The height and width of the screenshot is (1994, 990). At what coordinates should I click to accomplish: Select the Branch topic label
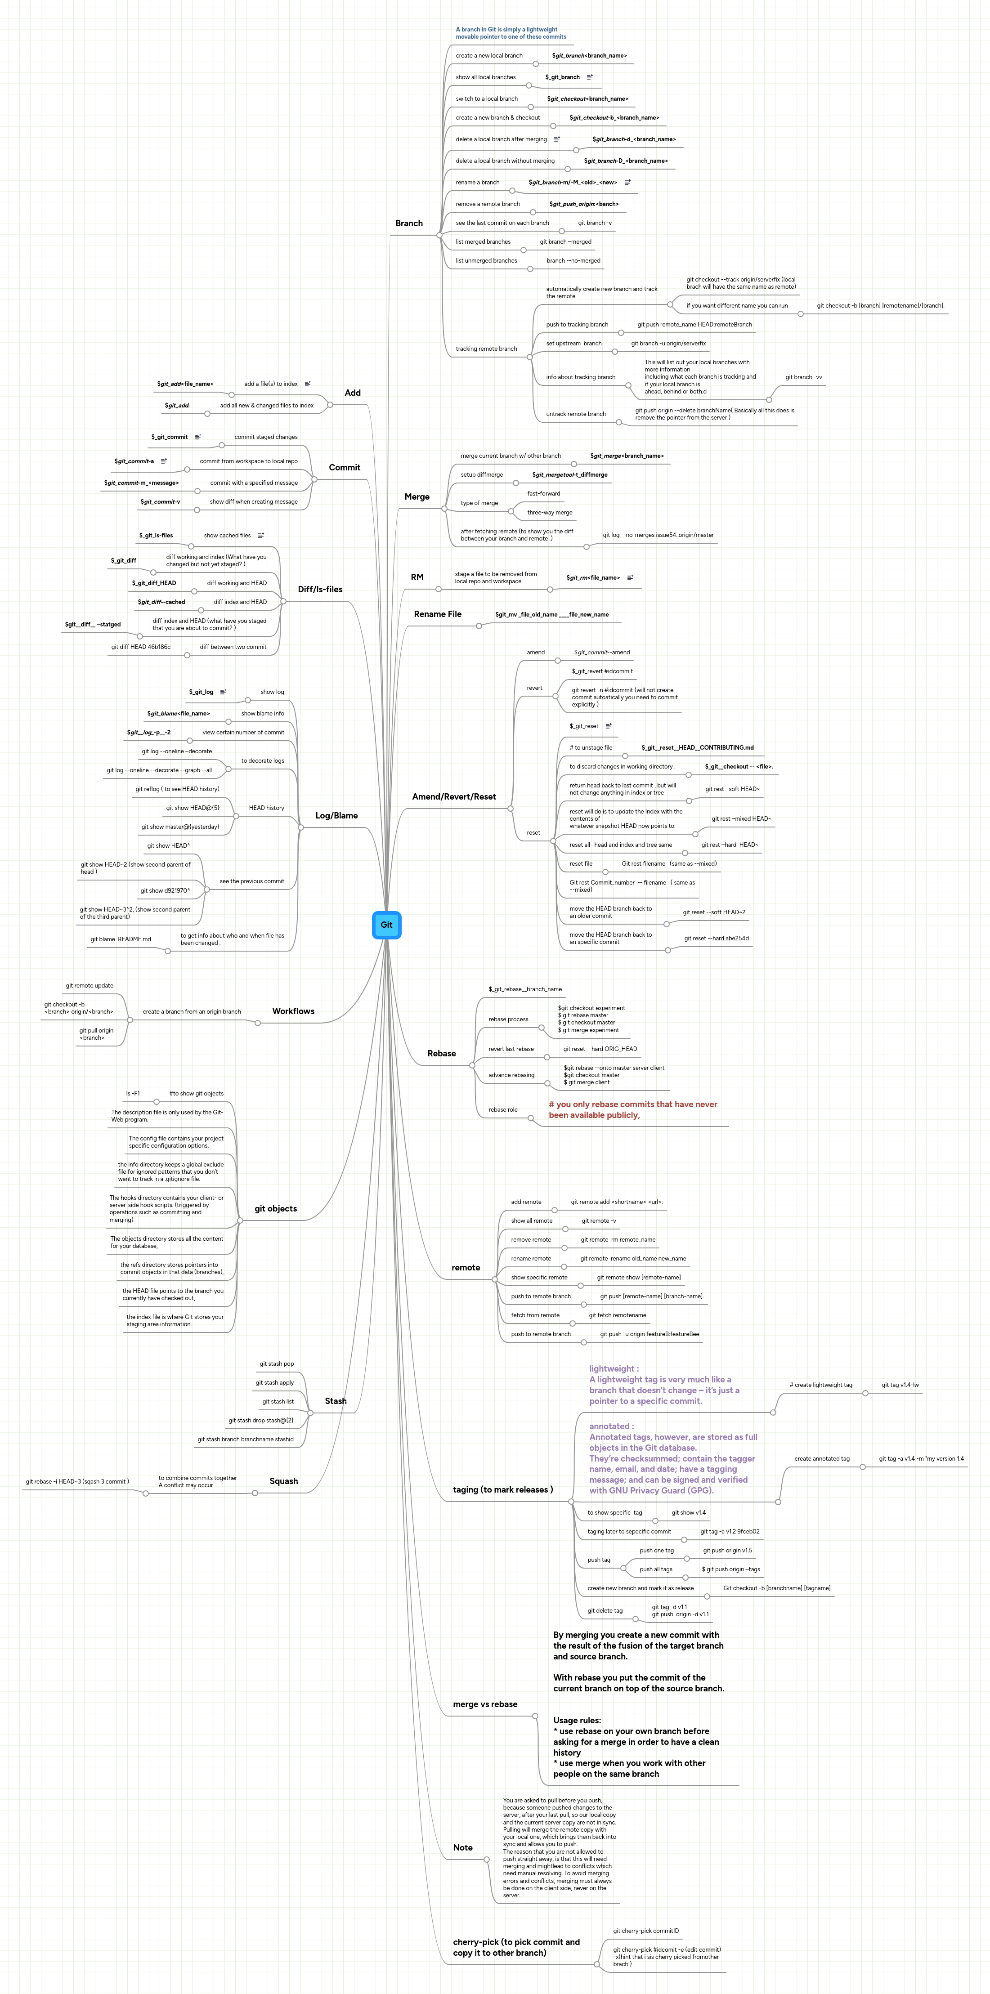pyautogui.click(x=409, y=224)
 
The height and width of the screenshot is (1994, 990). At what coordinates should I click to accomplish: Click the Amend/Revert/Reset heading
pyautogui.click(x=453, y=796)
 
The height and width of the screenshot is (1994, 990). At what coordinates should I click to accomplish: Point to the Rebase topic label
pyautogui.click(x=441, y=1054)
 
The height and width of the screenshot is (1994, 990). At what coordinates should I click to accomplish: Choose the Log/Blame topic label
pyautogui.click(x=336, y=816)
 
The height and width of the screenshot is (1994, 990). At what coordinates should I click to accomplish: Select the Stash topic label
pyautogui.click(x=335, y=1401)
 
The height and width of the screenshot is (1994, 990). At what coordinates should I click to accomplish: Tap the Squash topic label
pyautogui.click(x=283, y=1481)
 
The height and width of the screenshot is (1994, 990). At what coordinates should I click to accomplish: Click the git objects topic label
pyautogui.click(x=276, y=1208)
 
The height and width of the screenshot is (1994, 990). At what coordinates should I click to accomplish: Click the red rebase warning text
pyautogui.click(x=632, y=1109)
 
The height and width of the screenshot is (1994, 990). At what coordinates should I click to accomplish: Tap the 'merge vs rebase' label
pyautogui.click(x=484, y=1704)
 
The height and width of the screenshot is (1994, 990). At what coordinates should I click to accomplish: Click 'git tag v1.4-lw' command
pyautogui.click(x=900, y=1385)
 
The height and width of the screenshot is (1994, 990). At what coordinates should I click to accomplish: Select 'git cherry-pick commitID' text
pyautogui.click(x=645, y=1931)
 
